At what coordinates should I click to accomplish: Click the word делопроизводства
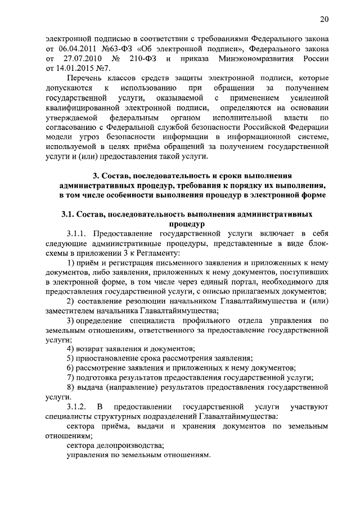tap(127, 445)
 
